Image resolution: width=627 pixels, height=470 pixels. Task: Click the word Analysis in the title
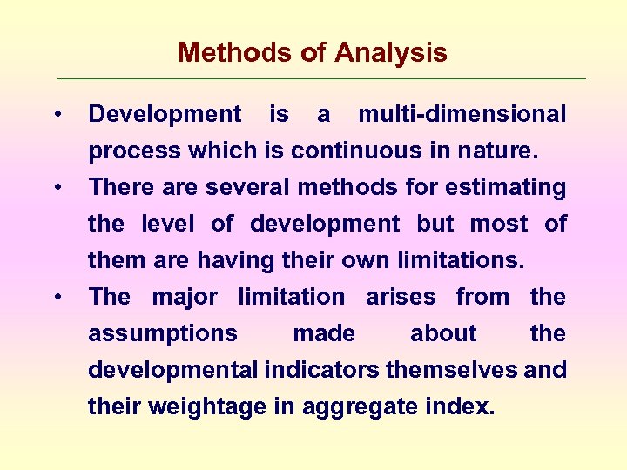coord(390,54)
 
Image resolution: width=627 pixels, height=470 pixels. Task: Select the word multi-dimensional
coord(462,114)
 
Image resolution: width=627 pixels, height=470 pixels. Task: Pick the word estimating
coord(509,187)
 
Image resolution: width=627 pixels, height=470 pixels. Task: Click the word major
coord(185,297)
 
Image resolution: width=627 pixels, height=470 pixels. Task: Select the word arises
coord(401,297)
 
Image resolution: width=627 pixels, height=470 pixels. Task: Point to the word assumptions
coord(163,333)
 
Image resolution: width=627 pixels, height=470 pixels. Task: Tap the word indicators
coord(321,370)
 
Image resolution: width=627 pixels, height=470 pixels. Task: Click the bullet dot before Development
coord(56,115)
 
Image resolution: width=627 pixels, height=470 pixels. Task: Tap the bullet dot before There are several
coord(56,188)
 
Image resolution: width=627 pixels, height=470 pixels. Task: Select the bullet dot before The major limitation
coord(56,298)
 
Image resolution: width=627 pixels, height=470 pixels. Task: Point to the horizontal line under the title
coord(322,79)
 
